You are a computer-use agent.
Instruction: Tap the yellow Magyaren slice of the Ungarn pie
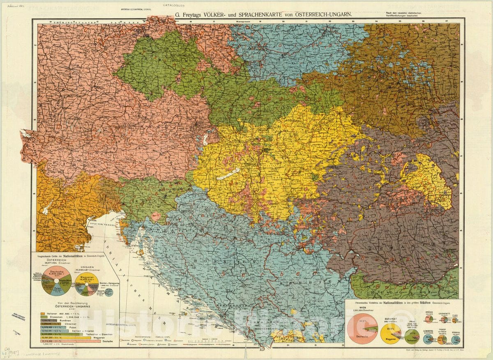[87, 280]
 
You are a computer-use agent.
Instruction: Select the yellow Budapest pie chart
[390, 333]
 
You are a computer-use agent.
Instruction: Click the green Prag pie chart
[412, 336]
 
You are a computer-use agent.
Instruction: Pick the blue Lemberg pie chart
[429, 339]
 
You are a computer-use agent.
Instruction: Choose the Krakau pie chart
[455, 339]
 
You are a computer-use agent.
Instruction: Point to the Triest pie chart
[442, 339]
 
